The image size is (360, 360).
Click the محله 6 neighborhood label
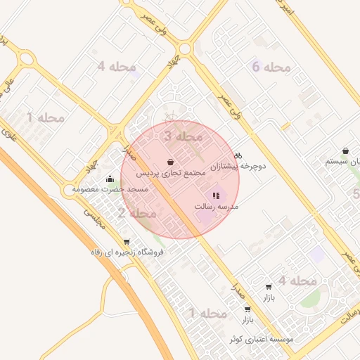point(271,67)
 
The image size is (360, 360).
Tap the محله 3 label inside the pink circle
point(183,136)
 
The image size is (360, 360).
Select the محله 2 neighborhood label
point(137,212)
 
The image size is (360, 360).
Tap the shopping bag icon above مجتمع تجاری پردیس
point(171,162)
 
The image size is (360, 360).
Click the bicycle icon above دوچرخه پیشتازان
point(238,156)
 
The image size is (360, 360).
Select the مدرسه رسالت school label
point(217,207)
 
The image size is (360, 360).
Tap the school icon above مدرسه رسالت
point(216,195)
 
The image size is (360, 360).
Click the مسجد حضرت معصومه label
point(113,189)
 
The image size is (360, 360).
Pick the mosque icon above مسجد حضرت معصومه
point(109,179)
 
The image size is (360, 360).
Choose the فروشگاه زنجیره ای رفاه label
point(127,252)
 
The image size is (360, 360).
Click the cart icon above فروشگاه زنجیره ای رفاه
point(126,241)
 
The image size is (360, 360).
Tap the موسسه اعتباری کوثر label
point(261,339)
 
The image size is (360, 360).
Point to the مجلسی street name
point(93,218)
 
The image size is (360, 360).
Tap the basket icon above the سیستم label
point(346,150)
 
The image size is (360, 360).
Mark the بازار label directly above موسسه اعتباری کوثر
point(247,320)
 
